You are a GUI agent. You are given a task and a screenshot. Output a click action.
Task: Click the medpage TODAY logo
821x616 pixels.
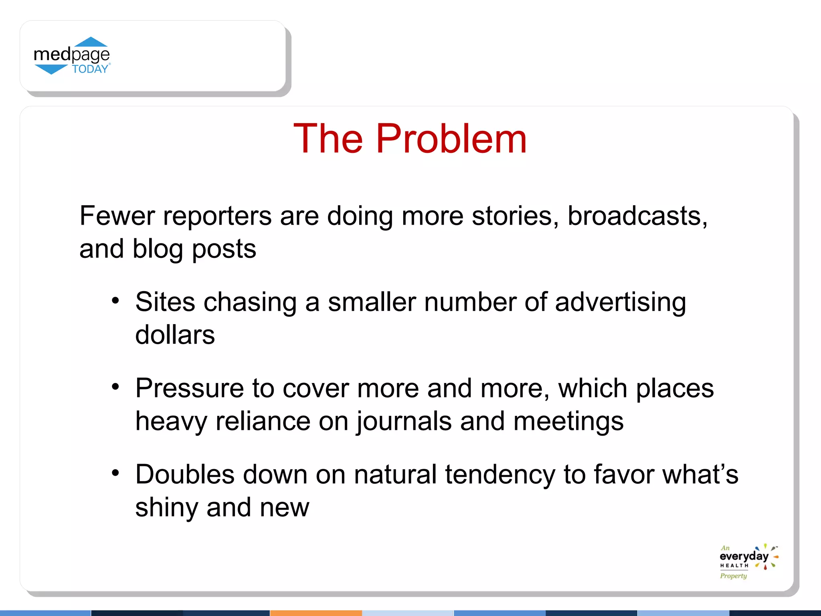[x=72, y=56]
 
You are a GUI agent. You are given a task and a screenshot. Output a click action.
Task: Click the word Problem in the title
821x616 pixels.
[x=451, y=139]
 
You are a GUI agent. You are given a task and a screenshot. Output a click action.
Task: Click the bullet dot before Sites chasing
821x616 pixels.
[x=115, y=301]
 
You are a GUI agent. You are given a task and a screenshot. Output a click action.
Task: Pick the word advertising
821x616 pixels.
[x=620, y=302]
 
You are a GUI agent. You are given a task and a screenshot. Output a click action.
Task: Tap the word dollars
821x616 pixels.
[x=175, y=334]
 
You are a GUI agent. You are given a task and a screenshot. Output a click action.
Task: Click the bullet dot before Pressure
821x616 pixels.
[x=115, y=387]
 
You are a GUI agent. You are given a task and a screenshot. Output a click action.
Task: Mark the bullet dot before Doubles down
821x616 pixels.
[x=115, y=473]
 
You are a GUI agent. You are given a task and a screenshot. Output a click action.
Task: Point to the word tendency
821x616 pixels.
[x=500, y=475]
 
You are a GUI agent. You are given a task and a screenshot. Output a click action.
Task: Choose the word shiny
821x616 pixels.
[x=166, y=508]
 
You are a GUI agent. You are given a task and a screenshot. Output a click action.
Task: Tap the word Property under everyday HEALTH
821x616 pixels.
[x=733, y=576]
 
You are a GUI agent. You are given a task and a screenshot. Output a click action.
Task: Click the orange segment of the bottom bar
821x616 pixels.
[x=316, y=613]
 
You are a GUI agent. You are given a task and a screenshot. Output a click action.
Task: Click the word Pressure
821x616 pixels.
[x=190, y=388]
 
